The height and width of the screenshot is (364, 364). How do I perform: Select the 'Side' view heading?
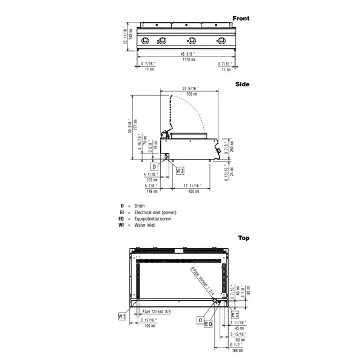coord(243,85)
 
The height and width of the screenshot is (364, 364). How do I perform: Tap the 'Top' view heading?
coord(243,238)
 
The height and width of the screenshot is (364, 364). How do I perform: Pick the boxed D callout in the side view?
coord(155,166)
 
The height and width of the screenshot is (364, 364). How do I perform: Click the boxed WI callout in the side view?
coord(180,171)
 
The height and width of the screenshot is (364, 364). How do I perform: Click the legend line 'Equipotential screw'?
coord(153,219)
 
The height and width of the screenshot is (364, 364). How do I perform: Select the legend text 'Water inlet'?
coord(145,225)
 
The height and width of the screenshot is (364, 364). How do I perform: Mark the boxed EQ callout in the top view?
coord(209,325)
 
